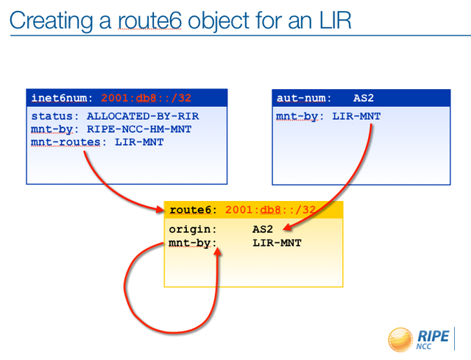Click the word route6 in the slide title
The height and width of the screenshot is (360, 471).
tap(149, 21)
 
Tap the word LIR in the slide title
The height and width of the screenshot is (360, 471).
tap(335, 21)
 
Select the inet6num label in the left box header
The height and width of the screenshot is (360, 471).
tap(59, 98)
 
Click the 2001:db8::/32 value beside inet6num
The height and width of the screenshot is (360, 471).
tap(146, 98)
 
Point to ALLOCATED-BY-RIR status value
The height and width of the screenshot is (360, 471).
tap(143, 116)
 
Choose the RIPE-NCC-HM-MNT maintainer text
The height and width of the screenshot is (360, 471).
tap(139, 130)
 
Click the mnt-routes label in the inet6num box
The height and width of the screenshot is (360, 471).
tap(65, 142)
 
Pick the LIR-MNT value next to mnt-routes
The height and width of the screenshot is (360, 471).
tap(139, 142)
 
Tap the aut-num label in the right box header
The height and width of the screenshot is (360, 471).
tap(301, 98)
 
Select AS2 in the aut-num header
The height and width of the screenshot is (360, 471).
tap(364, 98)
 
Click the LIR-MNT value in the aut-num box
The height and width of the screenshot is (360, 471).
tap(356, 116)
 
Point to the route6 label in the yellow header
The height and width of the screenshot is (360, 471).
tap(190, 210)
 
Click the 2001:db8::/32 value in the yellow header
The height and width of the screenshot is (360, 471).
tap(270, 210)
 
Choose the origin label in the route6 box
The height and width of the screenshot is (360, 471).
tap(190, 230)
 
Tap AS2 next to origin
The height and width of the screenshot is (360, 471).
tap(263, 229)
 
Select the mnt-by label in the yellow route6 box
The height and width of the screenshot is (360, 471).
tap(190, 243)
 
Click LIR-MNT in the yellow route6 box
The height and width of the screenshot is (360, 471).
tap(277, 243)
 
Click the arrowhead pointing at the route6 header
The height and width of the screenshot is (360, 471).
tap(160, 209)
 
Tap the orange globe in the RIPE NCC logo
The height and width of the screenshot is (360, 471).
tap(400, 339)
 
